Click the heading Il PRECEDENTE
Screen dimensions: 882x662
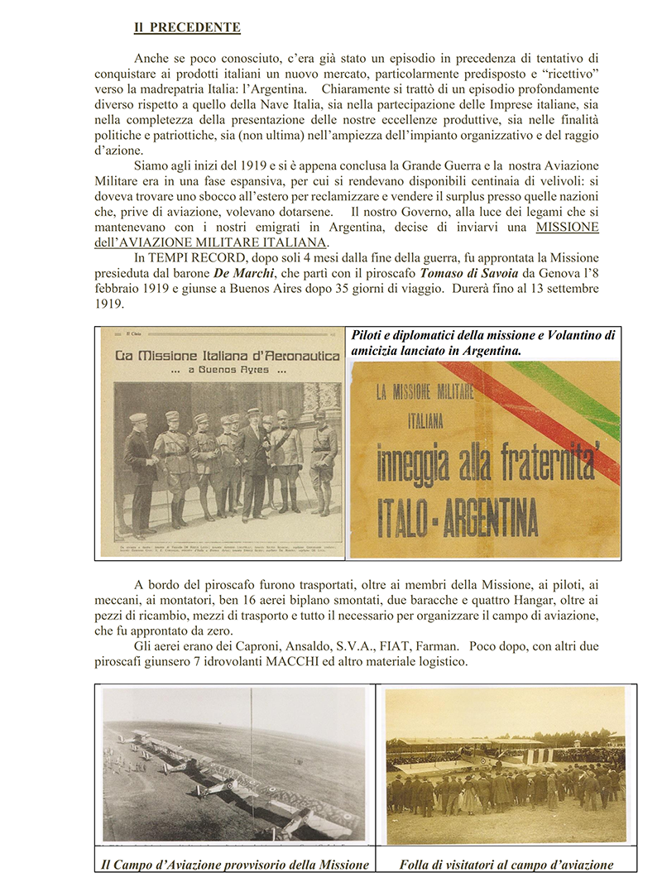tap(187, 27)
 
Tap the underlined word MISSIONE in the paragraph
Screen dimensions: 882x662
tap(567, 227)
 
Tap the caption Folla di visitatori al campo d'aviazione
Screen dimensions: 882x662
tap(506, 865)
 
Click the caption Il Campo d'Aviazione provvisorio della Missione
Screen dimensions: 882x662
tap(234, 865)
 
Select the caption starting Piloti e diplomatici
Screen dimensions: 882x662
tap(483, 343)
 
